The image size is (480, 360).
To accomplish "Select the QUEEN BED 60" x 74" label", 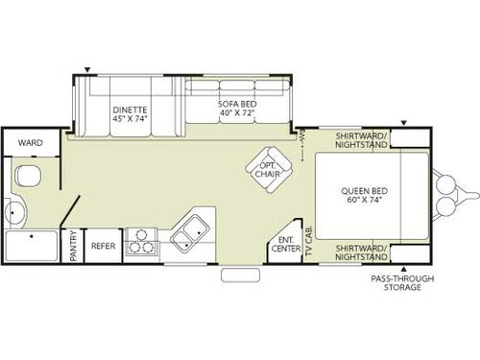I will click(x=363, y=196).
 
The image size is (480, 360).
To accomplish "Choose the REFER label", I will click(x=103, y=245).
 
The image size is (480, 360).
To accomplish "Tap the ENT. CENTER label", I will click(x=284, y=244).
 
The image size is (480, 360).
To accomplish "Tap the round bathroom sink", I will click(x=15, y=211).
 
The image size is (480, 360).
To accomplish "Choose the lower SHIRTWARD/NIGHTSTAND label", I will click(x=362, y=252).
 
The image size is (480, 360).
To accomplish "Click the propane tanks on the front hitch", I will click(x=448, y=195).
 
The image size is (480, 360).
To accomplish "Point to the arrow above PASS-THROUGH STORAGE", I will click(x=402, y=269).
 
